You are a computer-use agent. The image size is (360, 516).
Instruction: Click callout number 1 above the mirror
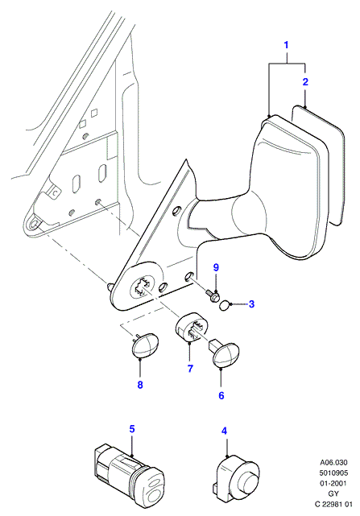[x=286, y=45]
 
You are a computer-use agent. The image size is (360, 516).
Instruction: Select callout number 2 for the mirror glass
[x=305, y=81]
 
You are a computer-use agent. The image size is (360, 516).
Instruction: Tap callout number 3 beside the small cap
[x=251, y=303]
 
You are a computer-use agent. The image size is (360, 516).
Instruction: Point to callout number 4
[x=225, y=431]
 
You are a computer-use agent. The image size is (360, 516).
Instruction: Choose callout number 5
[x=132, y=429]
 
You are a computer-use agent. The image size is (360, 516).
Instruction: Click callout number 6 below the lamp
[x=221, y=395]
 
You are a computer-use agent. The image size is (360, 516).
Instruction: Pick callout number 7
[x=190, y=368]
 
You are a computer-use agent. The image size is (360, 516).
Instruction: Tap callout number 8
[x=140, y=384]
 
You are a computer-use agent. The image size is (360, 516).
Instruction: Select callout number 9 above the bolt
[x=216, y=267]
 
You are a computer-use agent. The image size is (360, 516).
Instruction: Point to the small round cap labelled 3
[x=224, y=306]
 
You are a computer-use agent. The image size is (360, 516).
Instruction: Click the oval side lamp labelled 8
[x=144, y=345]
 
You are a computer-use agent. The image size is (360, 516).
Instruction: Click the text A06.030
[x=333, y=462]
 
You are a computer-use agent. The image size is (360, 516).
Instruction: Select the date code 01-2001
[x=333, y=483]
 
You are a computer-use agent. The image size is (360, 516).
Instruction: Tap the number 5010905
[x=333, y=473]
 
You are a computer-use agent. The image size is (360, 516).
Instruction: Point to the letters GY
[x=333, y=493]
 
